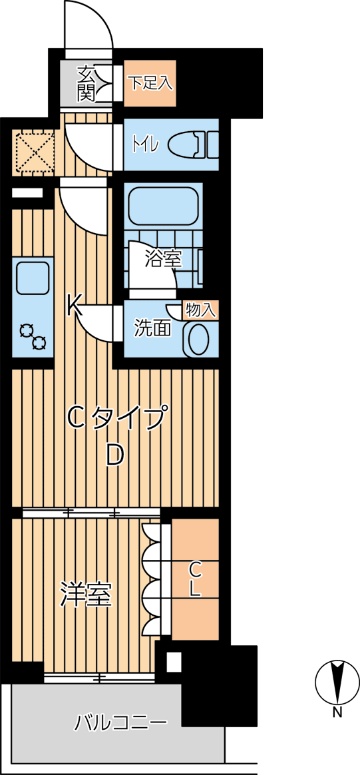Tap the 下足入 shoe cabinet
(x=150, y=83)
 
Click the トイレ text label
(x=145, y=144)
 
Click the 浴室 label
(x=164, y=259)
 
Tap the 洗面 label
(x=153, y=328)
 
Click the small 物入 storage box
(x=200, y=310)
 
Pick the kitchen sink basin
(x=32, y=276)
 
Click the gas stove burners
(x=33, y=336)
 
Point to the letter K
(x=74, y=306)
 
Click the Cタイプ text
(x=116, y=418)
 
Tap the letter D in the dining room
(x=115, y=455)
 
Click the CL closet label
(x=195, y=579)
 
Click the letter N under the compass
(x=338, y=714)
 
